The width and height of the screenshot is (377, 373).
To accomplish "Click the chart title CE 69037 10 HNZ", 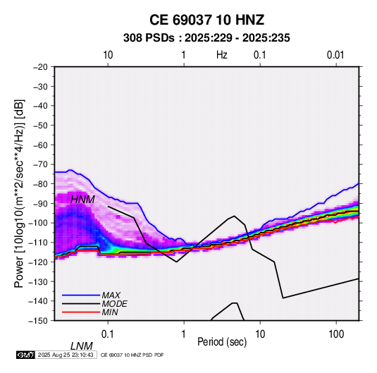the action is point(206,20).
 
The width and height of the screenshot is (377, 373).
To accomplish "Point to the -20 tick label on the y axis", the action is point(41,67).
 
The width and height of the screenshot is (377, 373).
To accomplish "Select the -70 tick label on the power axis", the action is point(41,164).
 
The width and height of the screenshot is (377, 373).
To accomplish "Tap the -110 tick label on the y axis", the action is point(39,243).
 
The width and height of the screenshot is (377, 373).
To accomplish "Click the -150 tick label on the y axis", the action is point(39,321).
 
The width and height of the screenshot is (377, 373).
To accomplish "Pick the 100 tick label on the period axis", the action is point(336,334).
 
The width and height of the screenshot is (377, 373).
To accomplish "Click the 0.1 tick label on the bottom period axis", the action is point(108,334).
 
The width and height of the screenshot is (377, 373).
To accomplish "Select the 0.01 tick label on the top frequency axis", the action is point(335,55).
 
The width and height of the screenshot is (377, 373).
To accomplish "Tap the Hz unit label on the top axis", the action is point(222,55).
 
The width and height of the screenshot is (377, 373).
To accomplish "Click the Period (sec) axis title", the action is point(222,342).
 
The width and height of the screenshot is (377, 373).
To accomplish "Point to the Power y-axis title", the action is point(19,193).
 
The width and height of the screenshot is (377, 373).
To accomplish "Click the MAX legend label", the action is point(111,295).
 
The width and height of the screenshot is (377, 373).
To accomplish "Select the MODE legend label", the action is point(114,304).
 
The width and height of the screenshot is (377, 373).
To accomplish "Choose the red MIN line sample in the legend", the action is point(81,312).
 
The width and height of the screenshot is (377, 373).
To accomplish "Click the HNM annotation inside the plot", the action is point(82,200).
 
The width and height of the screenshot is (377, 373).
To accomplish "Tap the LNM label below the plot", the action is point(81,346).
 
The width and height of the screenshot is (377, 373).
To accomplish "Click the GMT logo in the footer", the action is point(26,355).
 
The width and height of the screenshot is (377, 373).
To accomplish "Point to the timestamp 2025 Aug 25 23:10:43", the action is point(66,355).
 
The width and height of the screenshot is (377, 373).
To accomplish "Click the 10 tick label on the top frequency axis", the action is point(108,55).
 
